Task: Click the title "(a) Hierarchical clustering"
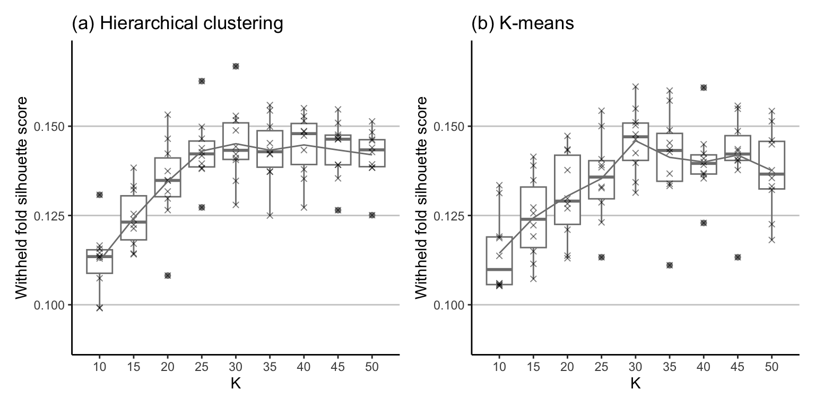click(177, 24)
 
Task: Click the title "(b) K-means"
click(523, 24)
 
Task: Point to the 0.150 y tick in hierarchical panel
click(50, 127)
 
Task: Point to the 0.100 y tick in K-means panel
click(450, 305)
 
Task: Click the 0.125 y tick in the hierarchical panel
click(50, 216)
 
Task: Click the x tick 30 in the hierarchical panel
click(236, 366)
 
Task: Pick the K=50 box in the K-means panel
click(771, 165)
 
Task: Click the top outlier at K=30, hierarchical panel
click(236, 66)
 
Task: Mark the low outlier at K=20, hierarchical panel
click(168, 276)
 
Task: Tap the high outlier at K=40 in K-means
click(704, 87)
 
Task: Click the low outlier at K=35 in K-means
click(670, 265)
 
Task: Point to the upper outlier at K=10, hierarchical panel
click(99, 195)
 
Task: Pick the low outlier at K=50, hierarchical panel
click(372, 215)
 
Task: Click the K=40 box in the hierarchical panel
click(304, 144)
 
